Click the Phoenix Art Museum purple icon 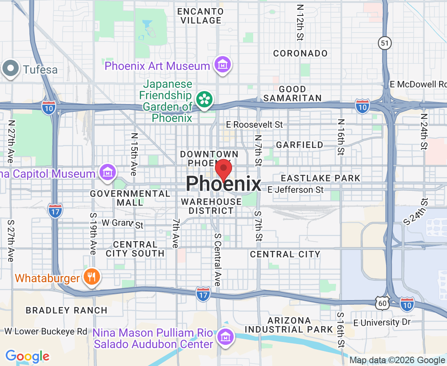tap(222, 65)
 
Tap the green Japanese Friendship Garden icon tap(204, 99)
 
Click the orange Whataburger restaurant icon tap(91, 277)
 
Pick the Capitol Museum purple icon tap(107, 173)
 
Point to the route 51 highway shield tap(384, 43)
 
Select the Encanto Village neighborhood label tap(199, 15)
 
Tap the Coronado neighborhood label tap(300, 54)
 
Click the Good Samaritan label tap(292, 94)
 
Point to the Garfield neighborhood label tap(299, 145)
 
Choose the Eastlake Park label tap(321, 178)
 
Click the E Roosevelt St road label tap(254, 124)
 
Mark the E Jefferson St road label tap(296, 190)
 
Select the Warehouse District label tap(211, 206)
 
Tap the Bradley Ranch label tap(67, 310)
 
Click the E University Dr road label tap(382, 322)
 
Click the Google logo tap(27, 357)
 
